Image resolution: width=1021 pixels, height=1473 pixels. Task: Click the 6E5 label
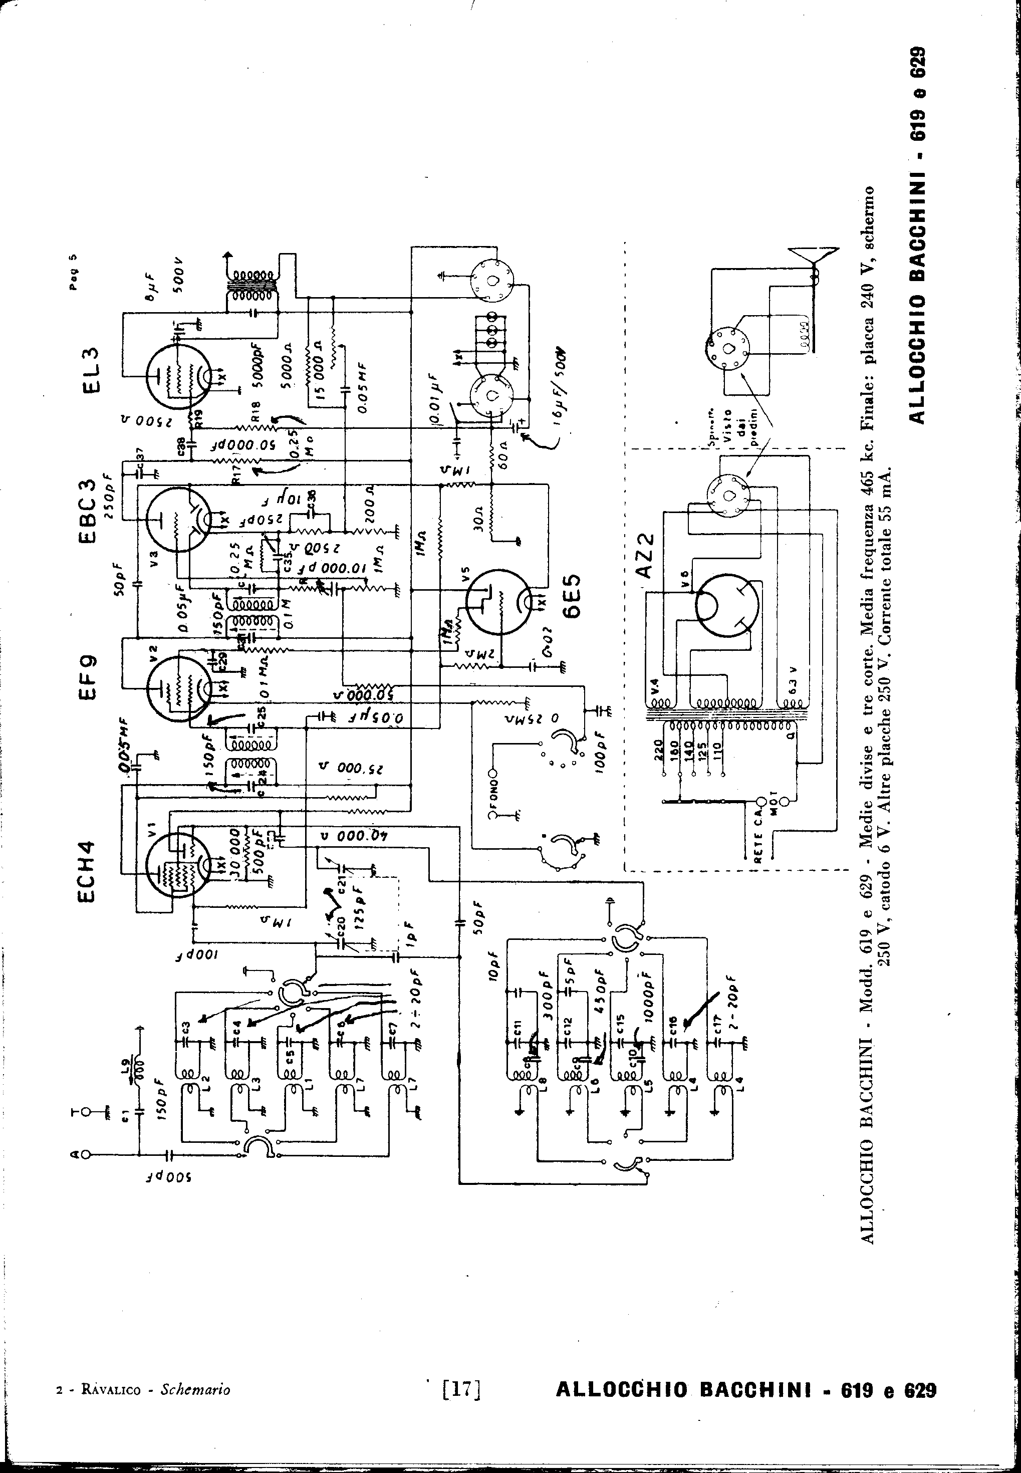571,597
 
